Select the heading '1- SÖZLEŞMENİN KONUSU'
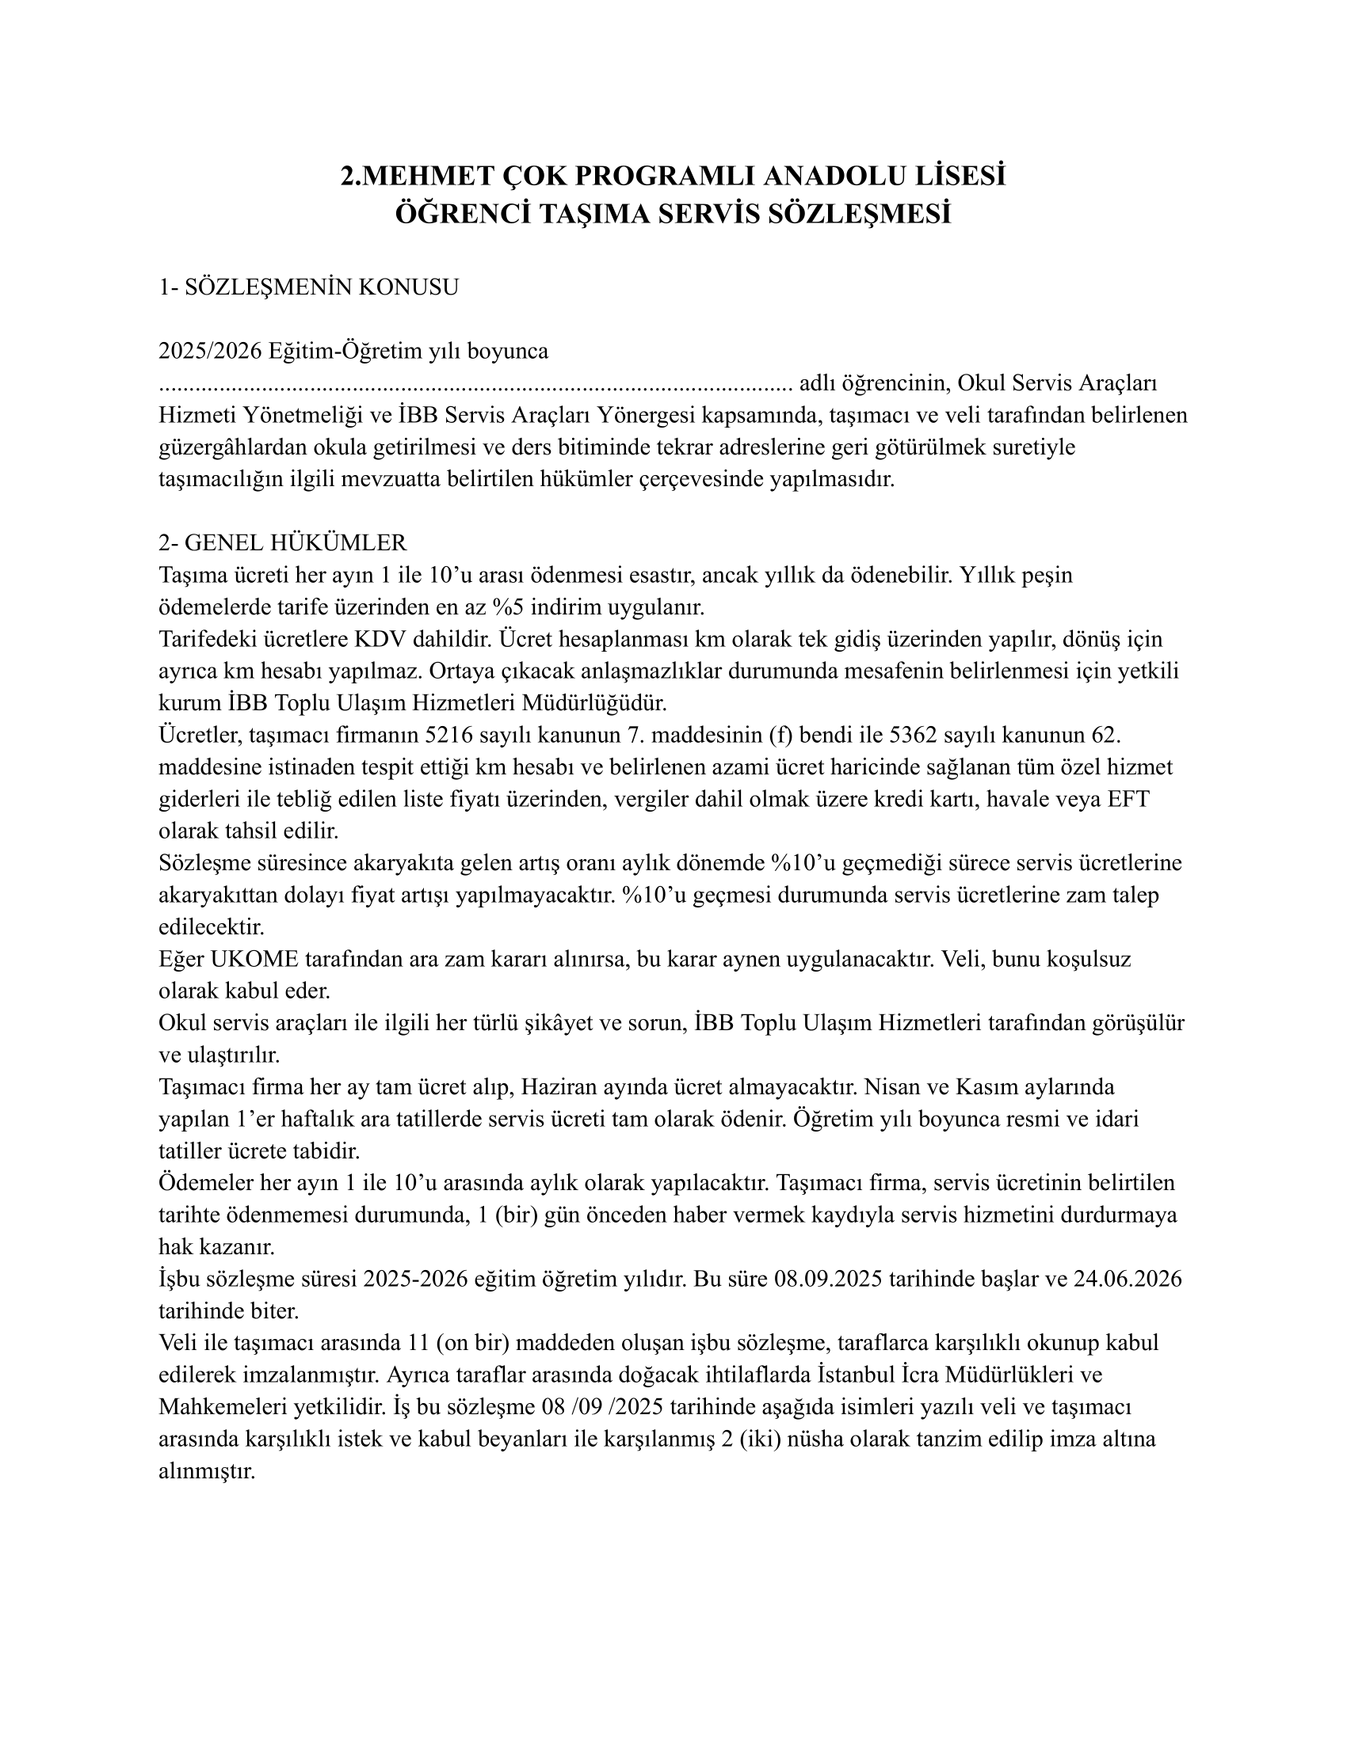tap(309, 287)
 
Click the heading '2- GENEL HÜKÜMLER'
tap(283, 543)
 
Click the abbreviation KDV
tap(379, 639)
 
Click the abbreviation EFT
tap(1128, 798)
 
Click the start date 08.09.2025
tap(827, 1279)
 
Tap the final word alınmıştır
tap(207, 1470)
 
